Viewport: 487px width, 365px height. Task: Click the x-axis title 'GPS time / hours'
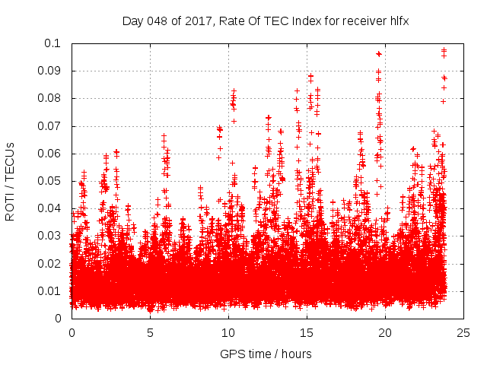pyautogui.click(x=266, y=354)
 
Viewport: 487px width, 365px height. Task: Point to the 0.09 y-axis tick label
pyautogui.click(x=50, y=71)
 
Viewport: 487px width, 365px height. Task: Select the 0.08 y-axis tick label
pyautogui.click(x=50, y=98)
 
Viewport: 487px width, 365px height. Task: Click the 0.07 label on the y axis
pyautogui.click(x=50, y=126)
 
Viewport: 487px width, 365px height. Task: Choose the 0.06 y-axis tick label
pyautogui.click(x=50, y=154)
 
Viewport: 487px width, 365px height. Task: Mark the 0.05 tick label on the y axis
pyautogui.click(x=50, y=181)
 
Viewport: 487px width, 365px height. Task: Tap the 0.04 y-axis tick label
pyautogui.click(x=50, y=208)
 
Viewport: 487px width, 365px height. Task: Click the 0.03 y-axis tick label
pyautogui.click(x=50, y=236)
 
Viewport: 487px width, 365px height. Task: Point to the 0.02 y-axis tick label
pyautogui.click(x=50, y=264)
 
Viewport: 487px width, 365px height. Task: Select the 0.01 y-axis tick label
pyautogui.click(x=50, y=291)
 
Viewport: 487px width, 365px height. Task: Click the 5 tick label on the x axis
pyautogui.click(x=150, y=333)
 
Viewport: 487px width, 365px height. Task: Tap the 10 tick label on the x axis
pyautogui.click(x=228, y=333)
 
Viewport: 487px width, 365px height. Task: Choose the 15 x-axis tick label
pyautogui.click(x=307, y=333)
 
